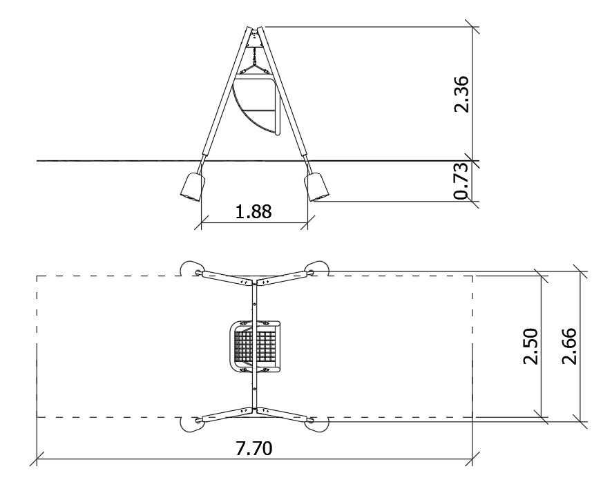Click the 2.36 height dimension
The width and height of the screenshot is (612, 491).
[x=461, y=94]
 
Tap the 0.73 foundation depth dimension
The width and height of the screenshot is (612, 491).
[x=461, y=181]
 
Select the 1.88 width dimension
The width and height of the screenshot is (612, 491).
[x=254, y=211]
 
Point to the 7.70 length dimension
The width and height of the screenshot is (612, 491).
[x=254, y=448]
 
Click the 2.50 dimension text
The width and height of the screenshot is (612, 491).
[x=530, y=346]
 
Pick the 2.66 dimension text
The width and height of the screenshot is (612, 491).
[x=568, y=346]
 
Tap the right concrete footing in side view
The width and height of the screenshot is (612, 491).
[x=316, y=186]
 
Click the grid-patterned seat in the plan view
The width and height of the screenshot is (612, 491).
[x=254, y=346]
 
